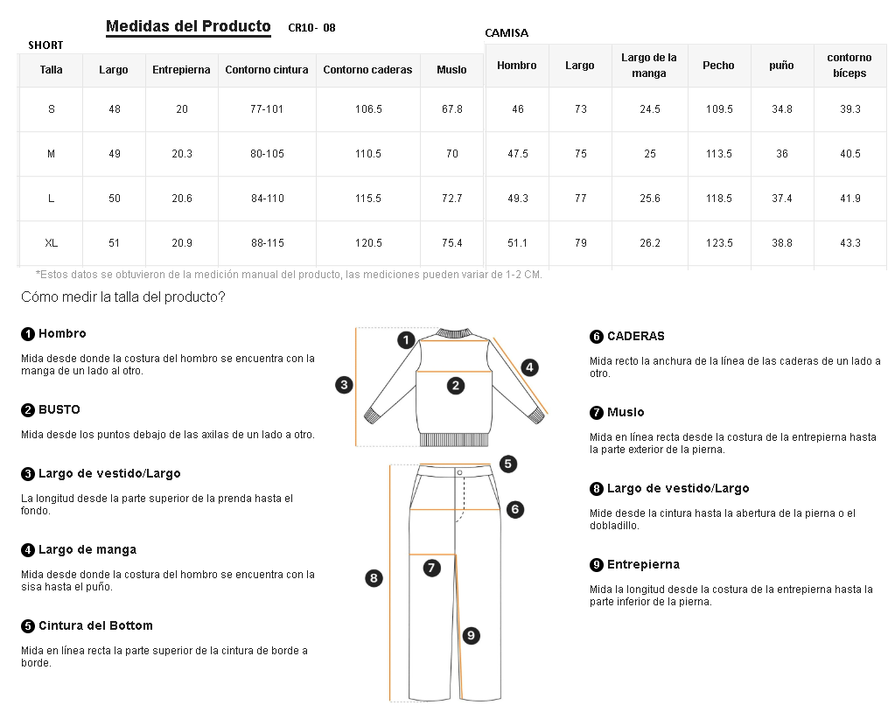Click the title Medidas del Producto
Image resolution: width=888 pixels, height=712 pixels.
tap(188, 26)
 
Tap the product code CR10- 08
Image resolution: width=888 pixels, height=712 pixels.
tap(311, 28)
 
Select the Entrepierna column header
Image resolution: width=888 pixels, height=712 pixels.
tap(181, 70)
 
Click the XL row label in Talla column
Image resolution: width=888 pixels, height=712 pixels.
tap(51, 243)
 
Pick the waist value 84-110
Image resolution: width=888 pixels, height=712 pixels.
tap(267, 199)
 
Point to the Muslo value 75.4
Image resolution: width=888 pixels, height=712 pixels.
tap(451, 243)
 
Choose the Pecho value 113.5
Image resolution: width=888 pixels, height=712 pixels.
tap(718, 154)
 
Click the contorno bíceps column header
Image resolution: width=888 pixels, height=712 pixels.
tap(850, 66)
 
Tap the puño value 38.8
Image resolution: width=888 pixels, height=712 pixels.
tap(781, 243)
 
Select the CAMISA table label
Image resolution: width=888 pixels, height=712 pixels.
tap(507, 33)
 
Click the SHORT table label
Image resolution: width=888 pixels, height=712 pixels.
tap(45, 45)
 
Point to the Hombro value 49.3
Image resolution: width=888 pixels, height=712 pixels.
tap(518, 199)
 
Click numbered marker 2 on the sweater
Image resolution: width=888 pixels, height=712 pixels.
tap(455, 385)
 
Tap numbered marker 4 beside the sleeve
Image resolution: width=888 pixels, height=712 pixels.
tap(529, 367)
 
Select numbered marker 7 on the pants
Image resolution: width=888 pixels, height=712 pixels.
tap(431, 568)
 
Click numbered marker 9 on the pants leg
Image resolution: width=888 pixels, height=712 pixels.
tap(471, 636)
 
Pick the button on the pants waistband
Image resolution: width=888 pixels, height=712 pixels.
tap(459, 472)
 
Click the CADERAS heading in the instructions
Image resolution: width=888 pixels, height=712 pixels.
tap(635, 336)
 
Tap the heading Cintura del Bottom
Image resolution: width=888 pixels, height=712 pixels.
tap(94, 625)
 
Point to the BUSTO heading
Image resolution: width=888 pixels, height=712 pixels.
tap(59, 409)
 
